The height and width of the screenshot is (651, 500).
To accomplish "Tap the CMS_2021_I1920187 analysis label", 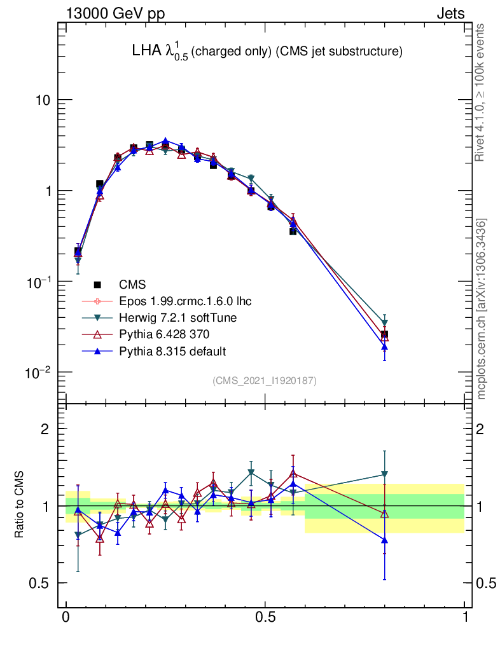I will coord(265,380).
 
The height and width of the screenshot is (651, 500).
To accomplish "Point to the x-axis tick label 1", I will coord(464,617).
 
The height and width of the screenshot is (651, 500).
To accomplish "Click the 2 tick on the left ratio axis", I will coord(46,429).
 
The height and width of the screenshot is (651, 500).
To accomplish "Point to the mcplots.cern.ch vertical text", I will coord(482,309).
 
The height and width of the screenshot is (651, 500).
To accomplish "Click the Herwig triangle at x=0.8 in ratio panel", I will coord(384,474).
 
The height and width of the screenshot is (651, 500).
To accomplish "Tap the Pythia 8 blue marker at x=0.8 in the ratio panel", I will coord(384,540).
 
